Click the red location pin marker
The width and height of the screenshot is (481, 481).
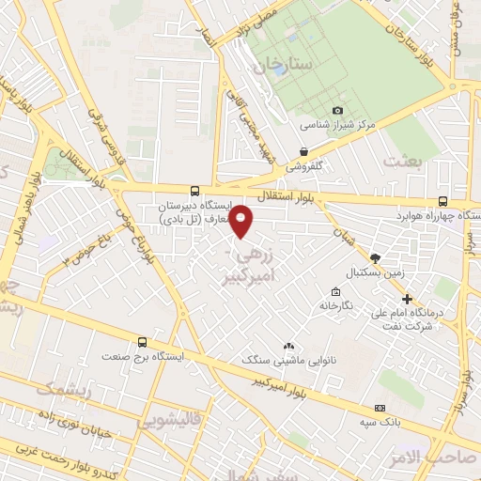[241, 222]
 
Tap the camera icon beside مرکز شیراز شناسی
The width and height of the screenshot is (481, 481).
[338, 111]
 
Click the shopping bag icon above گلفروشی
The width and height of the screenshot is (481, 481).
[304, 151]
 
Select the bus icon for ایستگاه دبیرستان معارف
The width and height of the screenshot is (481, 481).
[194, 189]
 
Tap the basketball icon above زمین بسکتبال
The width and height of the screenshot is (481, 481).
[376, 257]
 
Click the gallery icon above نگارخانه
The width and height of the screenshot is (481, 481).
[336, 291]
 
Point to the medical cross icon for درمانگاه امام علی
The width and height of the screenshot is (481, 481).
[407, 299]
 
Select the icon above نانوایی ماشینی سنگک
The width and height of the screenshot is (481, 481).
[288, 347]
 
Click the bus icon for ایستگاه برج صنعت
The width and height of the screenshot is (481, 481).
[142, 342]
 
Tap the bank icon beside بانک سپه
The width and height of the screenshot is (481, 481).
[380, 408]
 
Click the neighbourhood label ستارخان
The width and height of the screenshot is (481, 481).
[261, 65]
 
